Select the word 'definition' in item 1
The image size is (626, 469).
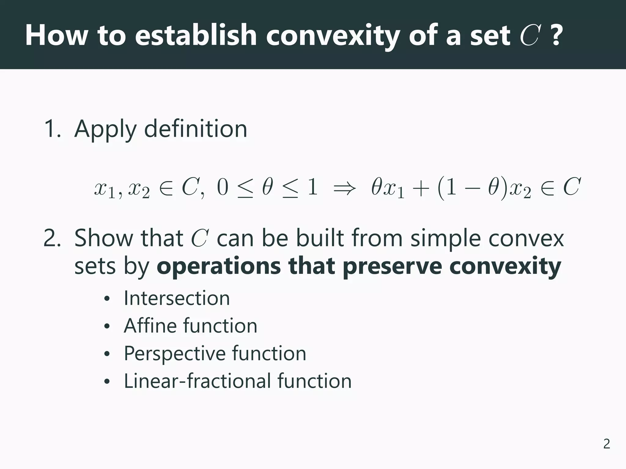(x=195, y=129)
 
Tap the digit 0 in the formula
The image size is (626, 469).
(x=223, y=187)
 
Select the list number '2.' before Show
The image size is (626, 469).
(x=53, y=238)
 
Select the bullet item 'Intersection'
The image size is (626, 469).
(x=177, y=298)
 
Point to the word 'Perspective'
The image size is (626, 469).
(x=174, y=354)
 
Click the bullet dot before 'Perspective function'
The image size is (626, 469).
(x=106, y=354)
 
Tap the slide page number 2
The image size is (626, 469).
(x=606, y=444)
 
